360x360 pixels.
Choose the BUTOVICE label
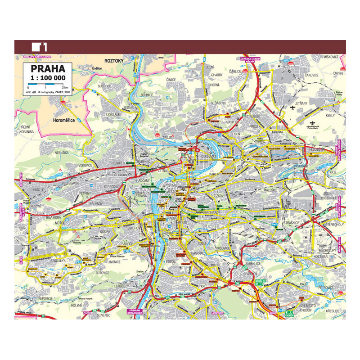click(x=103, y=272)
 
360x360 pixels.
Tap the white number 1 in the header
click(x=45, y=46)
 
